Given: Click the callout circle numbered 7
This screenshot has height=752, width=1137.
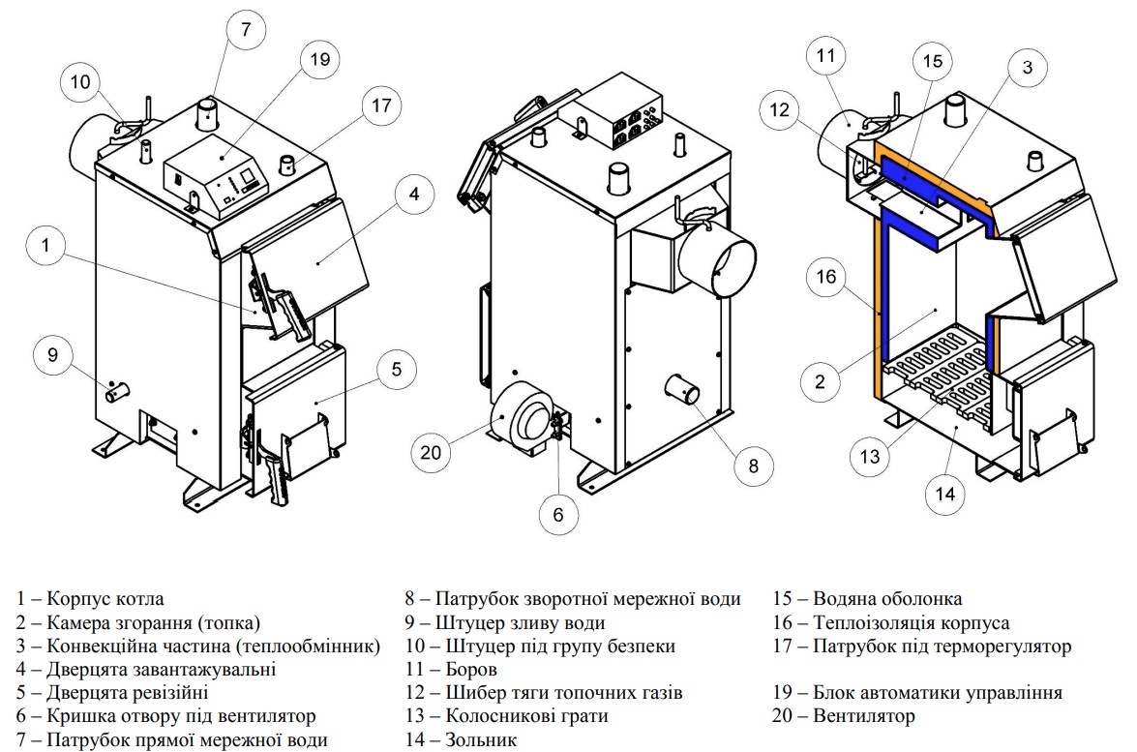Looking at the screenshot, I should click(246, 30).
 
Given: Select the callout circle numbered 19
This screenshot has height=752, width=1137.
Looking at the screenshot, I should click(320, 60).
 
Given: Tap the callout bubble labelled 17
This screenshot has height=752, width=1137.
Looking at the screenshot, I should click(382, 105).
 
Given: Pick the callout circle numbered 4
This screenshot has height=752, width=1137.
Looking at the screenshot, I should click(413, 194).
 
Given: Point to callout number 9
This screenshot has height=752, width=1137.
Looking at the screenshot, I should click(52, 355).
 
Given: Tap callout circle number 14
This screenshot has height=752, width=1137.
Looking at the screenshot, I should click(945, 495).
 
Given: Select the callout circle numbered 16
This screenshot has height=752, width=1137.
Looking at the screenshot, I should click(825, 279).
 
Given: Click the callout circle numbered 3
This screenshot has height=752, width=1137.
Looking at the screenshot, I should click(1027, 68).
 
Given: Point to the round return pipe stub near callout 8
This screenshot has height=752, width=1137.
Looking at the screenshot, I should click(681, 391).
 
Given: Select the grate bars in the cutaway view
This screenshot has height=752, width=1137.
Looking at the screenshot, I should click(939, 373).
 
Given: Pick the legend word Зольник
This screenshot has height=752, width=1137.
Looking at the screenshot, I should click(481, 740).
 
